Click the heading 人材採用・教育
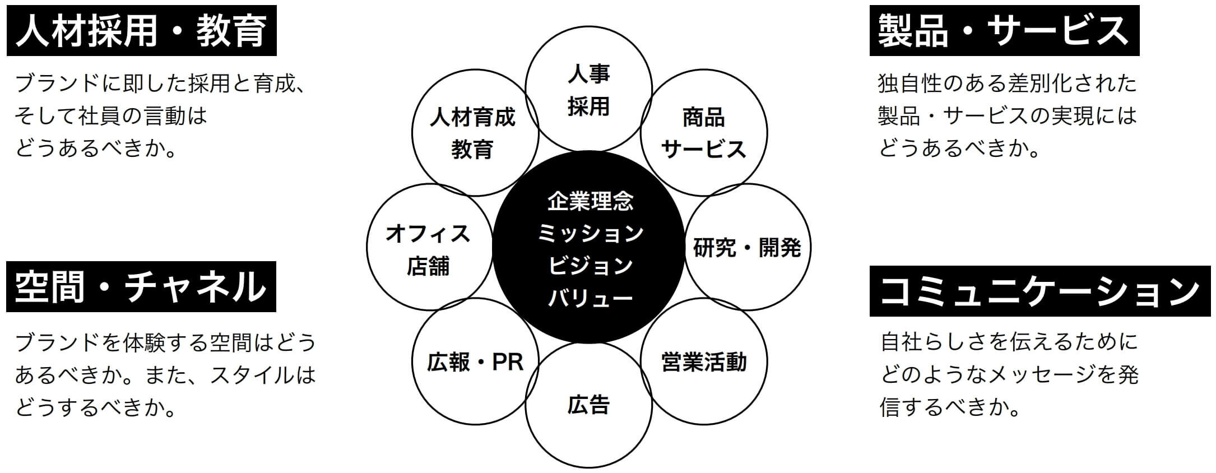coord(141,31)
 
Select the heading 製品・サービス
coord(1004,31)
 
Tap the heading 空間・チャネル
coord(141,286)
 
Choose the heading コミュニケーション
coord(1039,291)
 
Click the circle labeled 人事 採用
coord(588,90)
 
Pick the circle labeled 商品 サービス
coord(704,133)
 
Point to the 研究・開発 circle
coord(748,247)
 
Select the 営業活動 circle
coord(704,361)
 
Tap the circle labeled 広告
coord(588,405)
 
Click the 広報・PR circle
coord(475,361)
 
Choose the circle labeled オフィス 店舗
coord(429,247)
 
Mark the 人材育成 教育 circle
coord(474,133)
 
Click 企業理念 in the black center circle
coord(590,201)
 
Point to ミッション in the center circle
coord(590,233)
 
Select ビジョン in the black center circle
coord(590,266)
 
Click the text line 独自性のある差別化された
coord(1007,84)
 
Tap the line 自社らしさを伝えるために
coord(1009,341)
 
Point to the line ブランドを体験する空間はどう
coord(165,342)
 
